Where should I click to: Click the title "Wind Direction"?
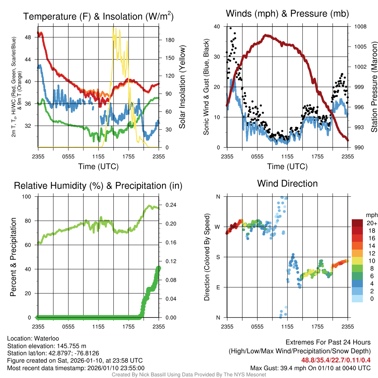click(x=287, y=183)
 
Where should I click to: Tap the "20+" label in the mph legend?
click(x=371, y=223)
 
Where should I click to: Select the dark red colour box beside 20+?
click(x=358, y=223)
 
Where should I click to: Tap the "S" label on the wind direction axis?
click(x=218, y=257)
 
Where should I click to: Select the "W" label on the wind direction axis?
click(x=218, y=227)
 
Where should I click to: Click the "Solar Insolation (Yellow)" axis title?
click(x=182, y=87)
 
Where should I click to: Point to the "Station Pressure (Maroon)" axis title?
click(x=374, y=87)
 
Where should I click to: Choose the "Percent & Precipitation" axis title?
click(x=13, y=257)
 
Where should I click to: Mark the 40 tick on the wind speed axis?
click(x=217, y=27)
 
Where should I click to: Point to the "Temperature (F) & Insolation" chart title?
click(x=98, y=17)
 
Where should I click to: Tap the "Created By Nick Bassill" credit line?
click(x=189, y=375)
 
